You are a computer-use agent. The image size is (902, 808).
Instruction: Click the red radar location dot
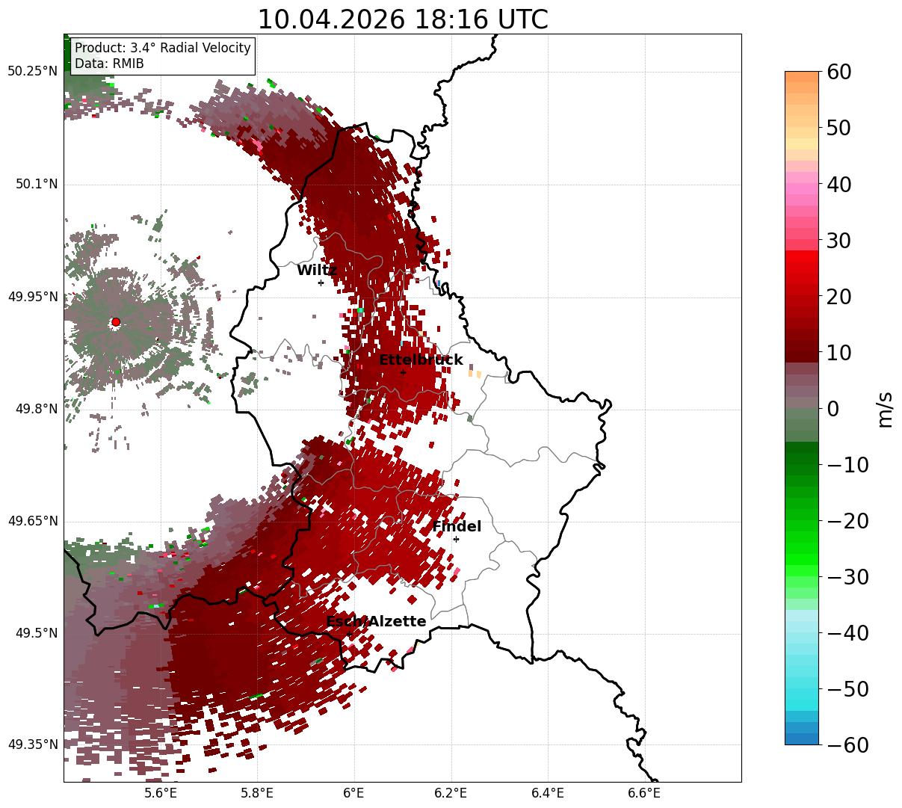(x=116, y=322)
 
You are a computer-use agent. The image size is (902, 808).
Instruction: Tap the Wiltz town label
(x=317, y=270)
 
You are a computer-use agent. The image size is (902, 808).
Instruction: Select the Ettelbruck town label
(x=421, y=360)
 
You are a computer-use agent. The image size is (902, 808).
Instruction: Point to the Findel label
(x=457, y=526)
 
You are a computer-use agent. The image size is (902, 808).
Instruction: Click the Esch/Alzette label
(x=376, y=621)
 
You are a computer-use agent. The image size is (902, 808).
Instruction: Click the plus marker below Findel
(x=456, y=540)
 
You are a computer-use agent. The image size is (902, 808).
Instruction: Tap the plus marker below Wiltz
(x=321, y=283)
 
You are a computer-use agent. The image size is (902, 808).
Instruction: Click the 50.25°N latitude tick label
(x=32, y=71)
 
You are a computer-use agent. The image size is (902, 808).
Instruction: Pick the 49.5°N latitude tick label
(x=37, y=633)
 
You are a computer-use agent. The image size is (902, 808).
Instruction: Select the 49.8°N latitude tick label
(x=37, y=409)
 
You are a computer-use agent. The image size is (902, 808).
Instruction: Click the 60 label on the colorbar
(x=838, y=73)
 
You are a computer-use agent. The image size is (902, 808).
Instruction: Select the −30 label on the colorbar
(x=847, y=578)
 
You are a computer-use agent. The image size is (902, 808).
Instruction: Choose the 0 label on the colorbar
(x=833, y=410)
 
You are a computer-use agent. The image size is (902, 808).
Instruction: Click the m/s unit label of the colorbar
(x=885, y=410)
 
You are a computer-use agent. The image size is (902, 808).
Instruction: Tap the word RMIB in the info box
(x=129, y=64)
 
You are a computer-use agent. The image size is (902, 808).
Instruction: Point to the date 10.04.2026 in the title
(x=332, y=19)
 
